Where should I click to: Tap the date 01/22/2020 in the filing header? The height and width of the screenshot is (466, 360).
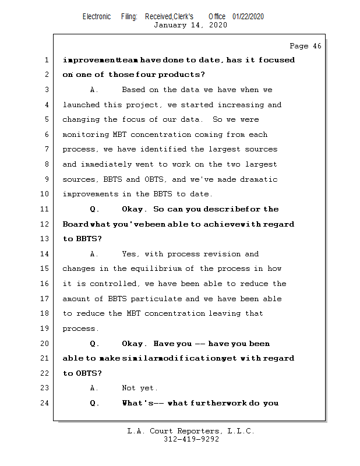click(248, 17)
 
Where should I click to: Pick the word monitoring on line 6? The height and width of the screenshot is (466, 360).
click(85, 135)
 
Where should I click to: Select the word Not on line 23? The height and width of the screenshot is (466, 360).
click(128, 388)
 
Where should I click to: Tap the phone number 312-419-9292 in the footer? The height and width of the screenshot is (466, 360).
click(191, 440)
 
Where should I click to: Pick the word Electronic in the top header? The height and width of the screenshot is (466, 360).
click(97, 17)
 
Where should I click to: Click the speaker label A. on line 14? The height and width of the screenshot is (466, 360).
click(94, 254)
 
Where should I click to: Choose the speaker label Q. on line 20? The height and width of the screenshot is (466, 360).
click(94, 344)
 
